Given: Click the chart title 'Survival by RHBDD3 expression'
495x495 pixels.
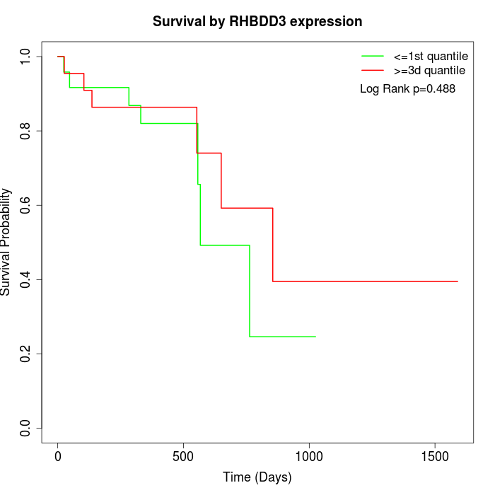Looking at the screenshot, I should click(257, 22).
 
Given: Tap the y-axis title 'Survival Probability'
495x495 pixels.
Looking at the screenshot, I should click(6, 242).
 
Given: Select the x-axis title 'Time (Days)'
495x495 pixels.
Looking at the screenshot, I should click(257, 478).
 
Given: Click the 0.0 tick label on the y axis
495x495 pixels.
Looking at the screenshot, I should click(26, 428).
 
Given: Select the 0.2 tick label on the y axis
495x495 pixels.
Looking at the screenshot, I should click(26, 354).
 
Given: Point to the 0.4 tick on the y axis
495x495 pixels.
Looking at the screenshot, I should click(26, 279).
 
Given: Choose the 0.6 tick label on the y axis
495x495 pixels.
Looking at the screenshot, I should click(26, 205).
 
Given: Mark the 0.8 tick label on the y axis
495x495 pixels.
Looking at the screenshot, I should click(26, 131).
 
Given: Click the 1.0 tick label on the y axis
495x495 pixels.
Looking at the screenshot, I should click(26, 57).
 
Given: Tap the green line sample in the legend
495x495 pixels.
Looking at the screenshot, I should click(373, 56).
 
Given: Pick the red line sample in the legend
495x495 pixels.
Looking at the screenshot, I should click(373, 70).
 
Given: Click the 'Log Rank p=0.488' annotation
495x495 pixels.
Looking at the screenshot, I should click(407, 89).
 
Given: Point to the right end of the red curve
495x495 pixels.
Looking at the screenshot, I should click(458, 281).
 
